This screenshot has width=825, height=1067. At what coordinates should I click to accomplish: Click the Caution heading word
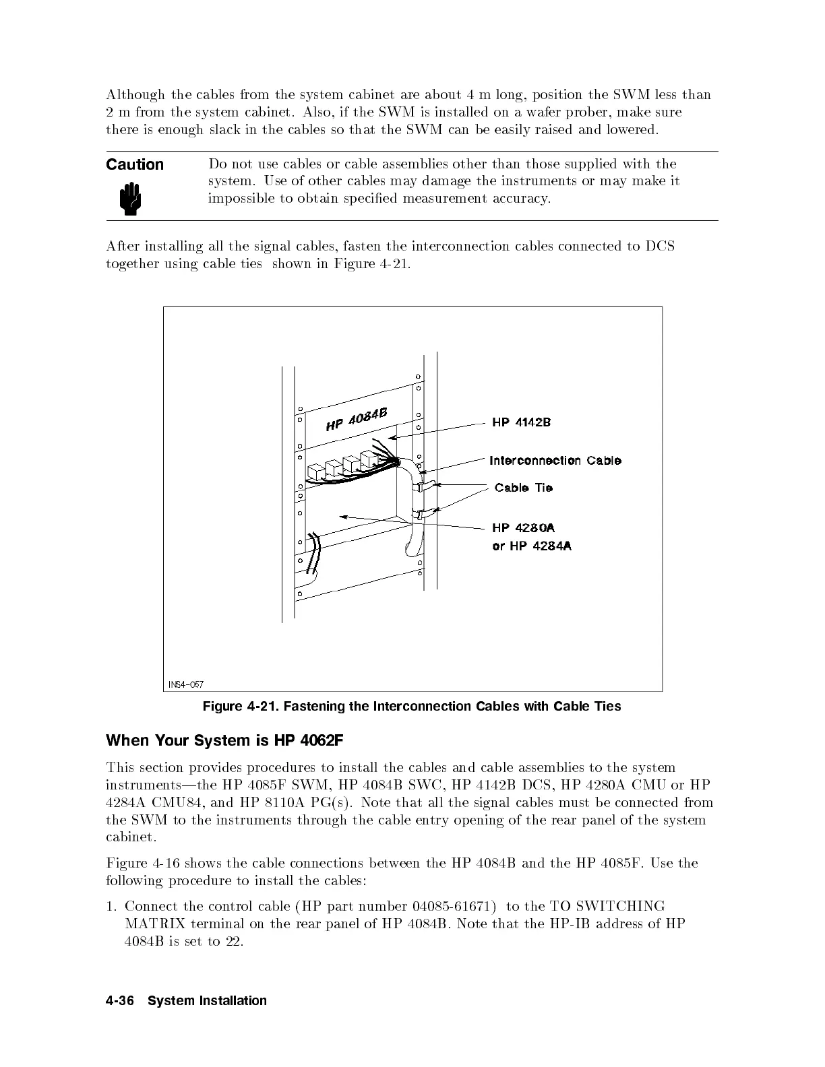click(135, 165)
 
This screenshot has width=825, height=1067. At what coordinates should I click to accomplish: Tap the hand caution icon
click(129, 201)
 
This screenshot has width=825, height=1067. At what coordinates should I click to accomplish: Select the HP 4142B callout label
click(521, 422)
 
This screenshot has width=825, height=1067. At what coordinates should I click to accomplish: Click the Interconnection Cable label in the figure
click(555, 461)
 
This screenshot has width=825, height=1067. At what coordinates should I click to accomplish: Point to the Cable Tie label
click(524, 488)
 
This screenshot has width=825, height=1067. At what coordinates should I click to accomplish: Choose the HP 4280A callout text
click(524, 528)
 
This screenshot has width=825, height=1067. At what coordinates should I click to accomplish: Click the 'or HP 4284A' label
click(532, 546)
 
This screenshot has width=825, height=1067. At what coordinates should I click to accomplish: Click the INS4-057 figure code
click(186, 684)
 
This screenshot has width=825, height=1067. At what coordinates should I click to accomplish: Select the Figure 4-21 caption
click(412, 707)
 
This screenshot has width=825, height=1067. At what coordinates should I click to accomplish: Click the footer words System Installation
click(207, 1001)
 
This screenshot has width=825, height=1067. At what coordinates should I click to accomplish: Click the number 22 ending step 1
click(232, 941)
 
